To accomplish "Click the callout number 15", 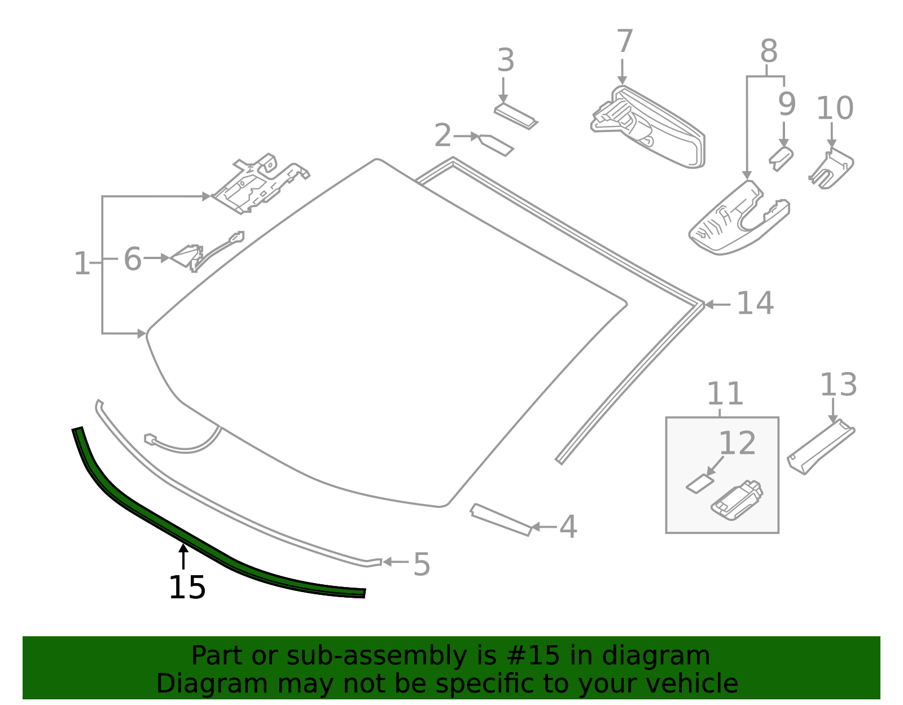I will [187, 588].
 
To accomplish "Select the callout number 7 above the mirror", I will [624, 42].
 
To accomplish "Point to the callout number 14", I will [755, 303].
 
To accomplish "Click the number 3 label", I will [506, 60].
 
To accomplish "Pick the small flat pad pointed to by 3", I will [515, 116].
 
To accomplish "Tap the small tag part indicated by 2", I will [497, 144].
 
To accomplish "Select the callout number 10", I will [835, 108].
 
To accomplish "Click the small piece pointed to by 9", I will [781, 157].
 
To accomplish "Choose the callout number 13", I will [838, 385].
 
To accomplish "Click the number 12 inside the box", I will [737, 443].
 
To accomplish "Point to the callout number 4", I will [568, 527].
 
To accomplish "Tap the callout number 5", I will [422, 564].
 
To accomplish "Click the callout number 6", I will [132, 259].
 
